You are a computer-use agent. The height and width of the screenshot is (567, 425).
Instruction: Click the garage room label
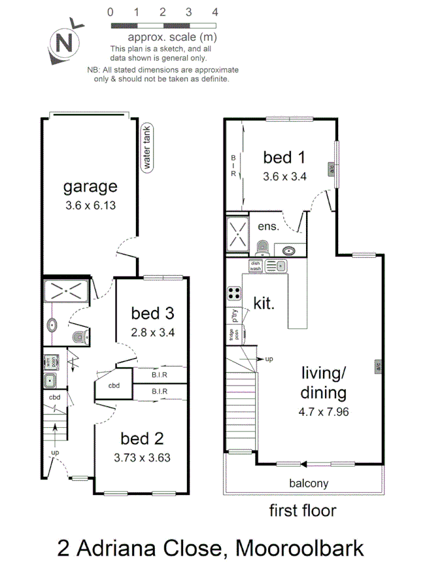pyautogui.click(x=90, y=186)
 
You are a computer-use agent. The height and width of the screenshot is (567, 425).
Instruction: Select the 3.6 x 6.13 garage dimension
pyautogui.click(x=90, y=205)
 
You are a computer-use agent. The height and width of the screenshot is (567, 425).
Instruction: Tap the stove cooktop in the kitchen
pyautogui.click(x=234, y=294)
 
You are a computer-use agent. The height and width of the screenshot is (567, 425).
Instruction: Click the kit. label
pyautogui.click(x=264, y=304)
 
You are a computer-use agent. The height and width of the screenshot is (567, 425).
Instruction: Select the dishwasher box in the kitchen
pyautogui.click(x=256, y=265)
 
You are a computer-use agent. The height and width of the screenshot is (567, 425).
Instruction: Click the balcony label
pyautogui.click(x=309, y=484)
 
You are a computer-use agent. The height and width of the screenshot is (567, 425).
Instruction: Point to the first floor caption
pyautogui.click(x=302, y=510)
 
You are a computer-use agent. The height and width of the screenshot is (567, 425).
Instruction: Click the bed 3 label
pyautogui.click(x=152, y=313)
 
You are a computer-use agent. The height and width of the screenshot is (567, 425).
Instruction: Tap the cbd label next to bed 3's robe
pyautogui.click(x=114, y=386)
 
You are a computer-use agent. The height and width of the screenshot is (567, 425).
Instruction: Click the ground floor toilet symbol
pyautogui.click(x=79, y=336)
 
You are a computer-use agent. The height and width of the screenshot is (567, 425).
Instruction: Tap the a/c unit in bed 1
pyautogui.click(x=331, y=169)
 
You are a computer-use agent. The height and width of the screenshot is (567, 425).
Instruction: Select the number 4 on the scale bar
pyautogui.click(x=215, y=12)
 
